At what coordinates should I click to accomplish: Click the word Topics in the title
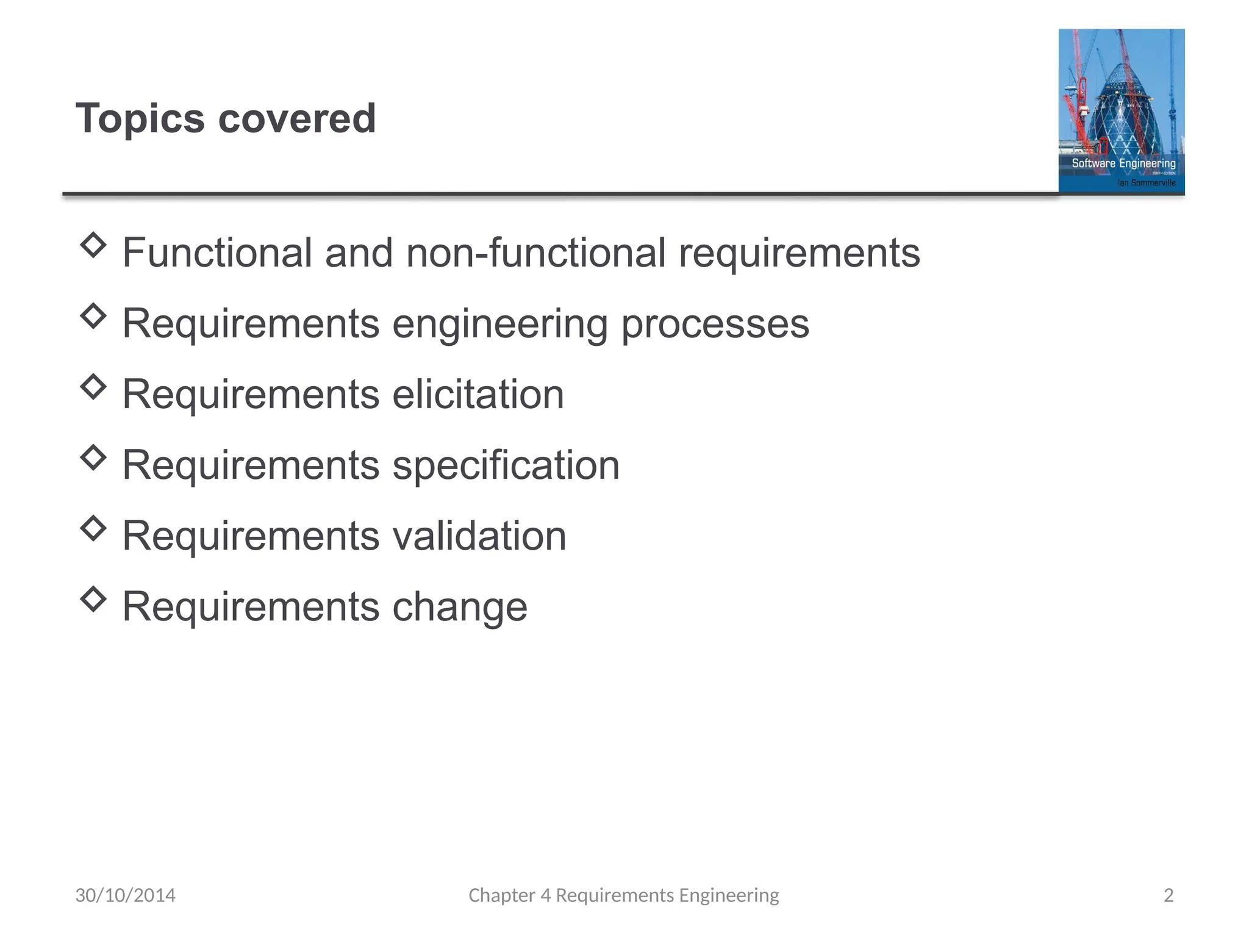140,118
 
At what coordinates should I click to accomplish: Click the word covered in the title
297,118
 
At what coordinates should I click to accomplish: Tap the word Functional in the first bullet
217,253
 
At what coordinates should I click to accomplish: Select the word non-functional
535,253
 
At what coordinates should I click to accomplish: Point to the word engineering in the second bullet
500,325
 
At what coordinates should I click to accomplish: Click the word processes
715,325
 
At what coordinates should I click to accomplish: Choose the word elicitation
478,394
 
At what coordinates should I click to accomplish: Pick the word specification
506,465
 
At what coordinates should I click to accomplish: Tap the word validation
479,536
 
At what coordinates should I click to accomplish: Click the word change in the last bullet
460,607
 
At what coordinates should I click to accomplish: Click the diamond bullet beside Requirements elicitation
93,387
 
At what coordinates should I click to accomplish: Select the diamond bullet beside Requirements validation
93,528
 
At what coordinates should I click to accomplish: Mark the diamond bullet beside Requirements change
93,599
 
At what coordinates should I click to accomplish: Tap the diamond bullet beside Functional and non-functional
93,245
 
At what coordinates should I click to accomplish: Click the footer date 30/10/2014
125,895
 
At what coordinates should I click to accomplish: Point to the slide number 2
1168,895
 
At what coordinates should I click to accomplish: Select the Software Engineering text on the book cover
1123,163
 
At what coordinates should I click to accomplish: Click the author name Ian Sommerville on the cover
1146,182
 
